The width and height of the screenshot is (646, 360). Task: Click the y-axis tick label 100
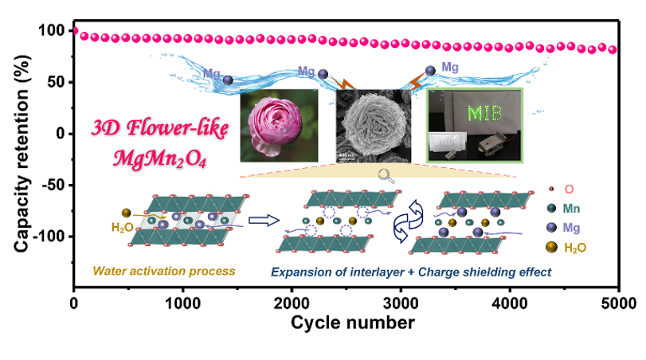pyautogui.click(x=52, y=31)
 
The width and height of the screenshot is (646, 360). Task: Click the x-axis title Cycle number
pyautogui.click(x=352, y=323)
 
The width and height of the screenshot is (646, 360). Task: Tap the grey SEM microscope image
pyautogui.click(x=373, y=127)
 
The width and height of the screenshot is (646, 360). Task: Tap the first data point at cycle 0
pyautogui.click(x=75, y=32)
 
